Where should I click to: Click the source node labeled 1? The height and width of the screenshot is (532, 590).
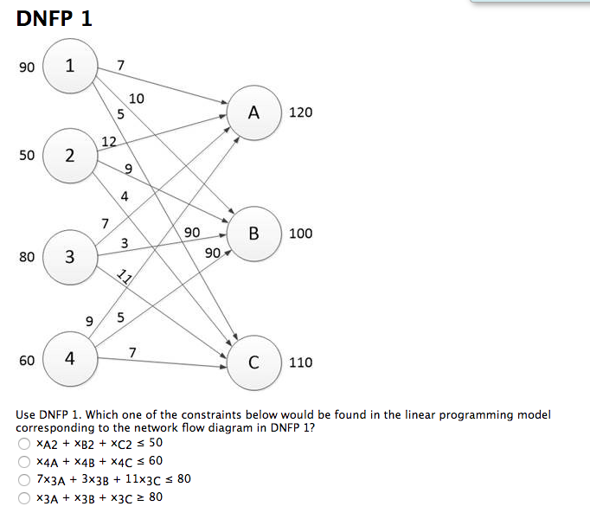[x=69, y=67]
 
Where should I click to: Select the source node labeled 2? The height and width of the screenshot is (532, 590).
[x=69, y=156]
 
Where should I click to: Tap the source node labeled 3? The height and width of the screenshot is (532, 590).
[x=69, y=256]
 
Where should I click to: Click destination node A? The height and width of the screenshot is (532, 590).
[x=253, y=112]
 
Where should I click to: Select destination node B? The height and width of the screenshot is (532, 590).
[x=253, y=233]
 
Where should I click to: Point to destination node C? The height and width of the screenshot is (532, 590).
[x=253, y=362]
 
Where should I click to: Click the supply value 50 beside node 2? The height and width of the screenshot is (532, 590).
[x=26, y=156]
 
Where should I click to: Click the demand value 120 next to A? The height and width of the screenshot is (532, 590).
[x=301, y=113]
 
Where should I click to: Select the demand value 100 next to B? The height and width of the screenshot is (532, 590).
[x=301, y=234]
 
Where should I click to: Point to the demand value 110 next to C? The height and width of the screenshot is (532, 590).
[x=301, y=362]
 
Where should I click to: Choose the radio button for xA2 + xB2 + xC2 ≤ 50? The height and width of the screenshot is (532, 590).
[x=25, y=444]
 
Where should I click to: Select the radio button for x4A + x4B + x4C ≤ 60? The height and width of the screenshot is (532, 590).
[x=25, y=462]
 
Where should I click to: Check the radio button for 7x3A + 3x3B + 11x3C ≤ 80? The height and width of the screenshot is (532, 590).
[x=25, y=480]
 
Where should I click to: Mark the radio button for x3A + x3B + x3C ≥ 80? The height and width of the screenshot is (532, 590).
[x=25, y=498]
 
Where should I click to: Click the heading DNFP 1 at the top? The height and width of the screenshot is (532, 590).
[x=54, y=18]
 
